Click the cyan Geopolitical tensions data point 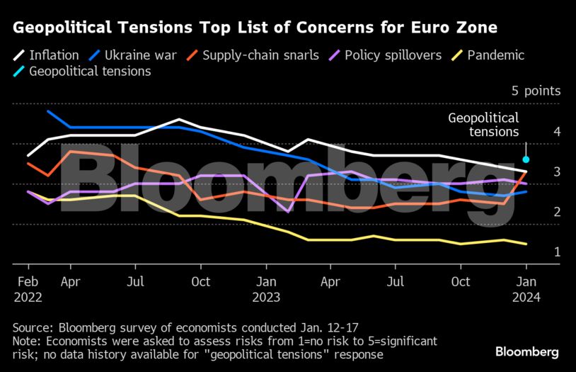pyautogui.click(x=526, y=159)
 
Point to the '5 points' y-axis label pyautogui.click(x=536, y=91)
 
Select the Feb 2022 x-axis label pyautogui.click(x=28, y=289)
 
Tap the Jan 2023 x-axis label pyautogui.click(x=265, y=289)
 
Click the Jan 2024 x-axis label pyautogui.click(x=525, y=289)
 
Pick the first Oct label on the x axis pyautogui.click(x=200, y=282)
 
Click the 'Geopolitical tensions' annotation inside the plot pyautogui.click(x=483, y=125)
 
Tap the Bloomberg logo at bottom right pyautogui.click(x=527, y=351)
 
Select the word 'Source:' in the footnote pyautogui.click(x=33, y=327)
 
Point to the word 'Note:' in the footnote pyautogui.click(x=28, y=341)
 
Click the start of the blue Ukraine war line pyautogui.click(x=48, y=111)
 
